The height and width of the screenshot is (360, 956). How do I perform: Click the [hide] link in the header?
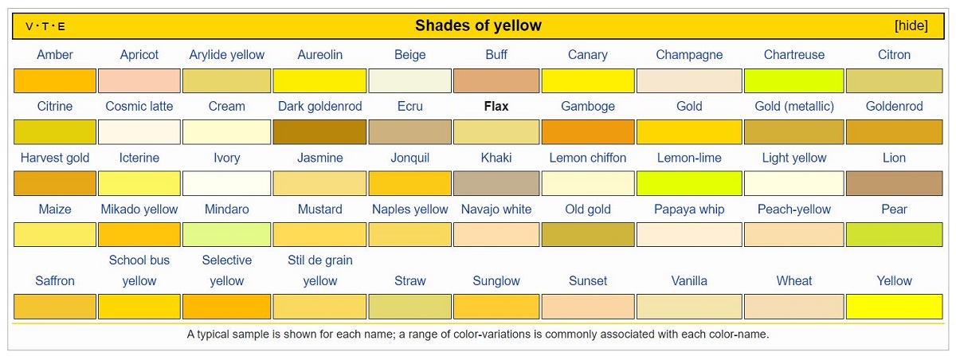click(911, 25)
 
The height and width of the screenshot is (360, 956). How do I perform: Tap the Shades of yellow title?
click(478, 25)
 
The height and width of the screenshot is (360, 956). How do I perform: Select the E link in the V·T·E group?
click(61, 26)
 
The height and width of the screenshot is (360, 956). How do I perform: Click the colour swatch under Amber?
click(55, 80)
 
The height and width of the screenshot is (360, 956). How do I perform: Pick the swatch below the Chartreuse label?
click(793, 80)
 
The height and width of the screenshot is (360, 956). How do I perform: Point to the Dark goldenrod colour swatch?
click(319, 131)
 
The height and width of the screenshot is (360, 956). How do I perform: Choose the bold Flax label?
click(496, 106)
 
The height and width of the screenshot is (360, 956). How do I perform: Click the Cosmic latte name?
click(139, 106)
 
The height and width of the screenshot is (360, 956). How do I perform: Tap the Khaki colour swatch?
click(496, 183)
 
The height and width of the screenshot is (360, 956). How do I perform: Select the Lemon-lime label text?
click(689, 158)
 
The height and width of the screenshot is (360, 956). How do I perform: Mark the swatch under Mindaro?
click(226, 235)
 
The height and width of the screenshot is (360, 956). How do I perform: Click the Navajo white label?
click(496, 209)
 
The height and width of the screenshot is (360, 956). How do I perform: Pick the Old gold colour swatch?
click(588, 235)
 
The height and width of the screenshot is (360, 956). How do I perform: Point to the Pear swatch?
click(894, 235)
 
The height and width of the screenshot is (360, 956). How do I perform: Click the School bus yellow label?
click(139, 271)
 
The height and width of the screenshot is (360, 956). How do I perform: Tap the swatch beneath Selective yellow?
click(226, 307)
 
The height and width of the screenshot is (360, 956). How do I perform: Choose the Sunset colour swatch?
click(588, 307)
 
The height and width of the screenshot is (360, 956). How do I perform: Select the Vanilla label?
click(689, 280)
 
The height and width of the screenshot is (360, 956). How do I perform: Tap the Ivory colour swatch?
click(226, 183)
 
